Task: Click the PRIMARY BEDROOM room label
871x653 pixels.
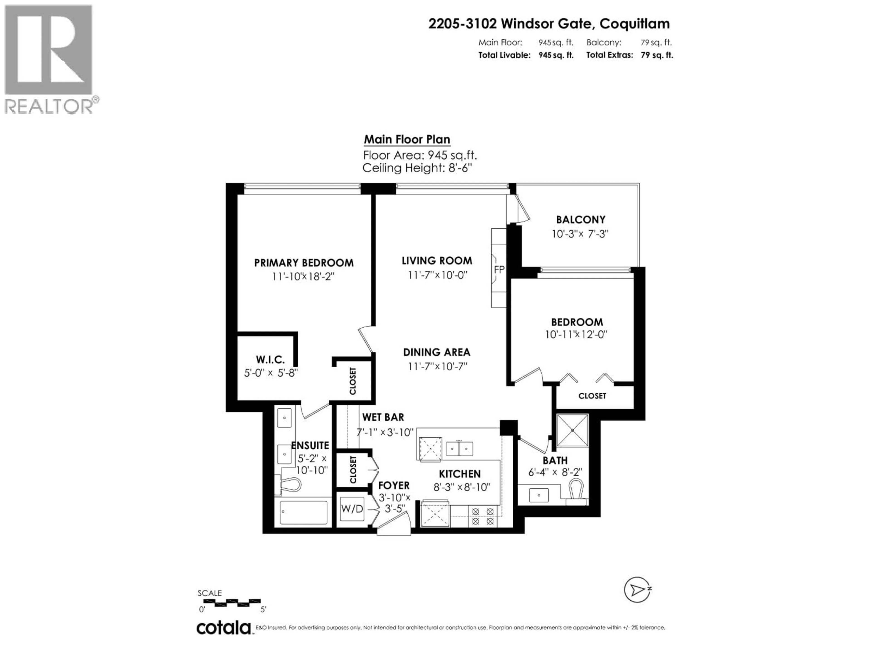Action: (x=303, y=263)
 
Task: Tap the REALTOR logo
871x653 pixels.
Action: (x=49, y=59)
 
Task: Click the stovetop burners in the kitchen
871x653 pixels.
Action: (x=483, y=517)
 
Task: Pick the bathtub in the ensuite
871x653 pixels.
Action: (x=303, y=512)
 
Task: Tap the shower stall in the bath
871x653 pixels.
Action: (x=572, y=430)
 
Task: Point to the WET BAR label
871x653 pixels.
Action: (x=383, y=417)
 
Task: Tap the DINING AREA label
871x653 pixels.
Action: (x=437, y=352)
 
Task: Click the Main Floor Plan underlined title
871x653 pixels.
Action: (x=407, y=140)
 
